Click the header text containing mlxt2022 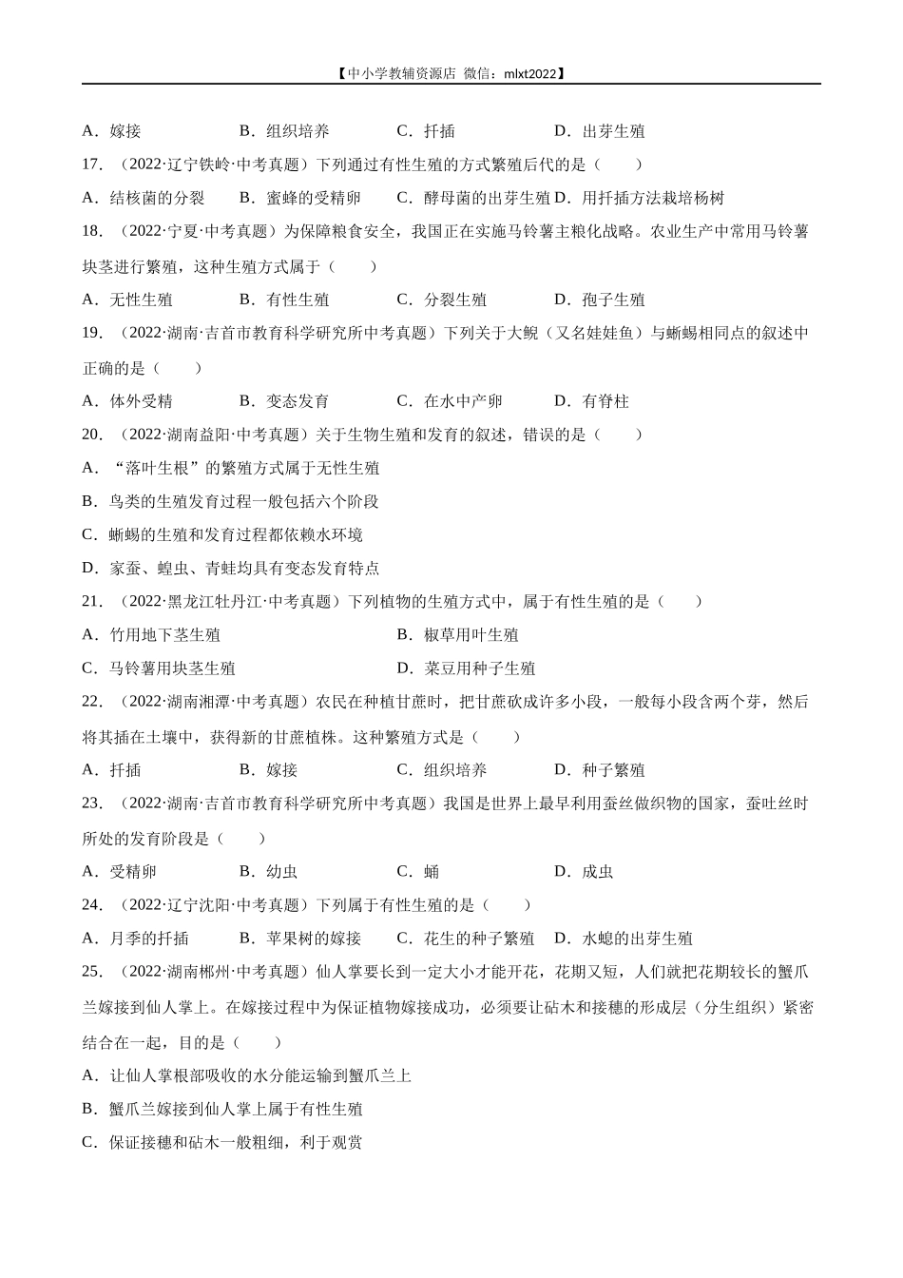pyautogui.click(x=451, y=72)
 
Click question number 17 pyautogui.click(x=92, y=165)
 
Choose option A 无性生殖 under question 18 pyautogui.click(x=127, y=300)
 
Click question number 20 pyautogui.click(x=92, y=435)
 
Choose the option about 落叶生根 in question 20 pyautogui.click(x=231, y=468)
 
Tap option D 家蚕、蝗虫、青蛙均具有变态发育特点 pyautogui.click(x=231, y=568)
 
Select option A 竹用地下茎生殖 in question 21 pyautogui.click(x=151, y=634)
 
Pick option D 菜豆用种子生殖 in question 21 pyautogui.click(x=466, y=668)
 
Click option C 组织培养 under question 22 pyautogui.click(x=441, y=770)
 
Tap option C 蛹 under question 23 pyautogui.click(x=418, y=872)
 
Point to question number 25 pyautogui.click(x=92, y=972)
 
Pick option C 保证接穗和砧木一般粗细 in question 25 pyautogui.click(x=222, y=1142)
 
